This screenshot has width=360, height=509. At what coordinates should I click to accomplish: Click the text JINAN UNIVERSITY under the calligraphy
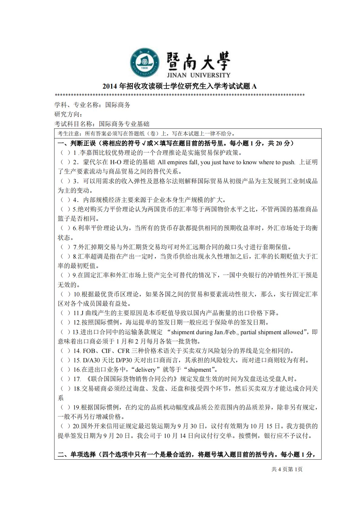(198, 75)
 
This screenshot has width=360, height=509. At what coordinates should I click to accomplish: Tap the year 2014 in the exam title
(110, 86)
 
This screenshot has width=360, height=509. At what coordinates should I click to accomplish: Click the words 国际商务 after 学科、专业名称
(118, 105)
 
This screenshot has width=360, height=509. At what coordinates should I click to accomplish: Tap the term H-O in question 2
(116, 162)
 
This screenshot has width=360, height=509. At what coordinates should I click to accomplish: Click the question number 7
(75, 247)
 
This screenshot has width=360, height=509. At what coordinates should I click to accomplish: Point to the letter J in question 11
(82, 313)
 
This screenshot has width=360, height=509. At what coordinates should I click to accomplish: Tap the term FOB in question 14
(89, 351)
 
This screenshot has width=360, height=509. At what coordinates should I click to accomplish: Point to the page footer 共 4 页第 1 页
(287, 469)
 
